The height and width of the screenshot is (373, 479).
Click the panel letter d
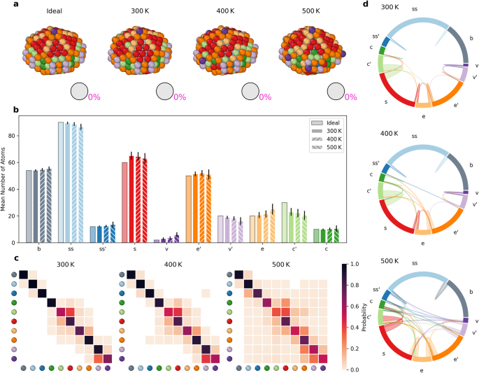pos(366,5)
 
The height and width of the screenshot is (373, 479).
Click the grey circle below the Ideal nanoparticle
pos(79,92)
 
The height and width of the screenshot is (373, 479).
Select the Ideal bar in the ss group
pos(60,182)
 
